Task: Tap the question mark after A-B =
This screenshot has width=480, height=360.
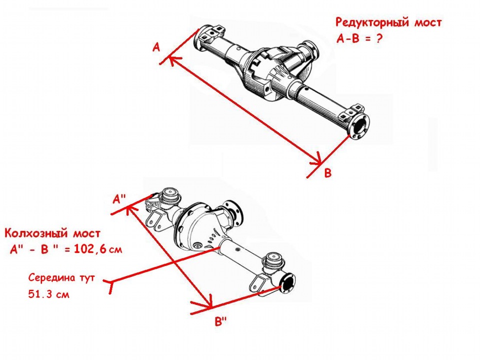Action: [x=379, y=38]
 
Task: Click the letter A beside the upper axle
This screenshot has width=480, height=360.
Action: [x=156, y=47]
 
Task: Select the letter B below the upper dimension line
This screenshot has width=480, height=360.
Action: [x=328, y=173]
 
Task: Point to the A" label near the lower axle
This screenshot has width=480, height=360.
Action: [x=119, y=199]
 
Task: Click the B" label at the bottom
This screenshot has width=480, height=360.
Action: [x=220, y=321]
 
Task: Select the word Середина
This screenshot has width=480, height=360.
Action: [x=51, y=277]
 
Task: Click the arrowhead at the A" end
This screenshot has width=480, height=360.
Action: [x=129, y=209]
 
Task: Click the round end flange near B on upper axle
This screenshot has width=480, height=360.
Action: [x=360, y=126]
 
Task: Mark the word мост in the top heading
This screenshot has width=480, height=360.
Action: [x=428, y=22]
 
